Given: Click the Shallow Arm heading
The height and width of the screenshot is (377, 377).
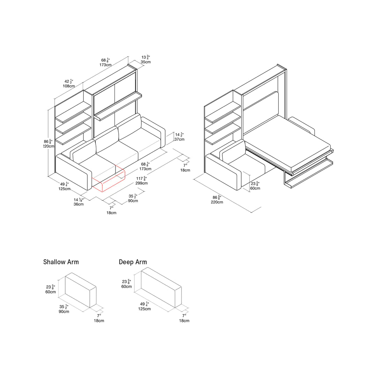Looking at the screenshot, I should click(61, 262).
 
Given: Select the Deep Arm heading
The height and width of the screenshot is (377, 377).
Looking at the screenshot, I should click(133, 262).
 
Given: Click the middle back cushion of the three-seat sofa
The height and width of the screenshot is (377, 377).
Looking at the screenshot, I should click(107, 140).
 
